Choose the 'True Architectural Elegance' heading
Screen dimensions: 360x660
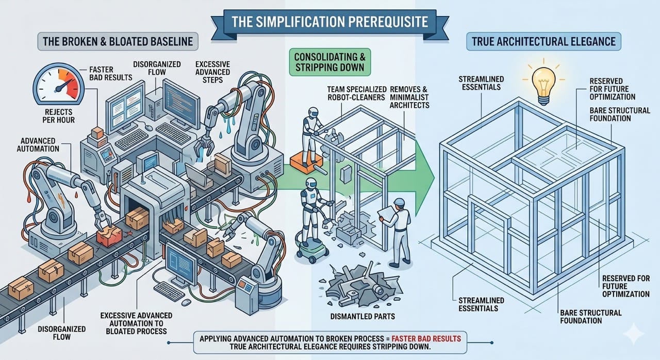(544, 41)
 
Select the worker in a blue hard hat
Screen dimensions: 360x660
(398, 230)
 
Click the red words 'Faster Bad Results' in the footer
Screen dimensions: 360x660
(426, 338)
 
